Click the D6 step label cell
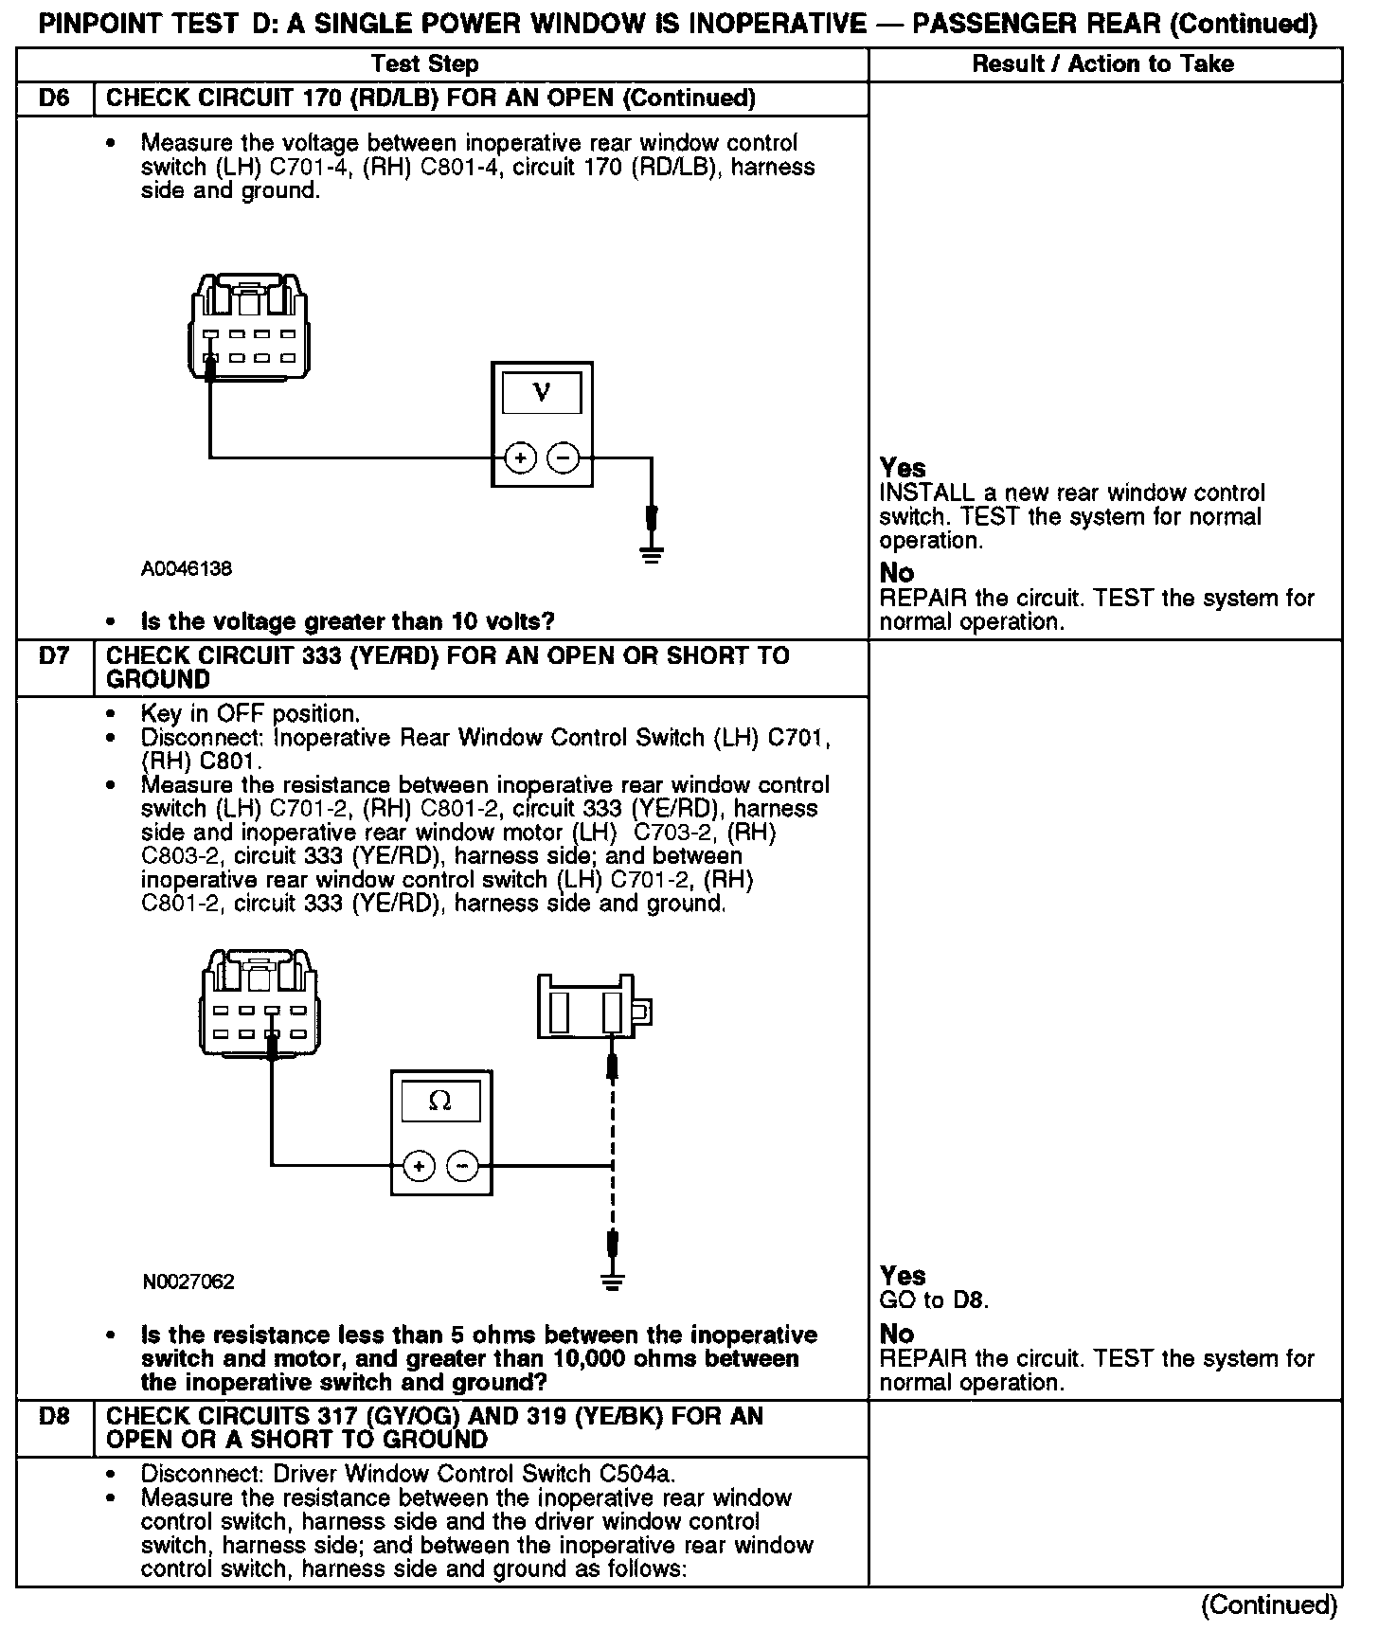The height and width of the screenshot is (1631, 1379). (55, 99)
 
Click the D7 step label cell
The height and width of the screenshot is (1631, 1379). (55, 656)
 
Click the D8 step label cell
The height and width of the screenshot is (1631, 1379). (55, 1417)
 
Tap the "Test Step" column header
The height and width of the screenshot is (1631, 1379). (424, 64)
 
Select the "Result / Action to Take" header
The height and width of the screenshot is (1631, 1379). (1103, 64)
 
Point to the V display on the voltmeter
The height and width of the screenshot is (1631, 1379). (542, 392)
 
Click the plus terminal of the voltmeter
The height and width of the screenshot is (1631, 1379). (520, 458)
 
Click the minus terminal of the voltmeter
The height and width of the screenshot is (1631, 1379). (564, 458)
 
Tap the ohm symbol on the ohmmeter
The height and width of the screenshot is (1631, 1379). (440, 1101)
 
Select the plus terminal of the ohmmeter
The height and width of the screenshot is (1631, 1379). (420, 1166)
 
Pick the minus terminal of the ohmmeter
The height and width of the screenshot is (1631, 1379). (462, 1166)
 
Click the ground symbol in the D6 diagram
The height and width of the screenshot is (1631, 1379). (651, 554)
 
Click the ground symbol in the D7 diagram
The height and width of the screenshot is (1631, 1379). (613, 1282)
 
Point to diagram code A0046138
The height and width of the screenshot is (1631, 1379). (187, 569)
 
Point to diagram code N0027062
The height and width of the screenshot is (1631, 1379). (188, 1282)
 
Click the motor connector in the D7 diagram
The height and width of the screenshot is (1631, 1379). (593, 1006)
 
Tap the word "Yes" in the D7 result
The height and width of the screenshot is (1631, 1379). (903, 1275)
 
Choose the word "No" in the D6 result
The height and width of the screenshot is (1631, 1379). (896, 573)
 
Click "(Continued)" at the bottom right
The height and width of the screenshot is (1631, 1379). (1269, 1604)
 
